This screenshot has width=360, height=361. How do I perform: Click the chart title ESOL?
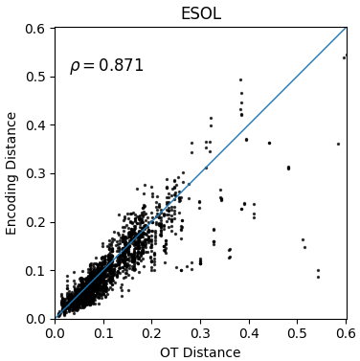201,13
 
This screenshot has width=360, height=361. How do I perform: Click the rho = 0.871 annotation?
107,66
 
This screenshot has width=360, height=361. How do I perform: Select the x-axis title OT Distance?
200,352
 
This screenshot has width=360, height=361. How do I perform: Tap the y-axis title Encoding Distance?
11,173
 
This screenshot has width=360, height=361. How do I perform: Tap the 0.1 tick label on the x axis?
103,333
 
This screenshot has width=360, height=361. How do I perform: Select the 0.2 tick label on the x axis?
152,333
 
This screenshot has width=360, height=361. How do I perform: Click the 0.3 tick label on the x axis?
200,333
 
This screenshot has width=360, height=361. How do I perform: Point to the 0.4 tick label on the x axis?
249,333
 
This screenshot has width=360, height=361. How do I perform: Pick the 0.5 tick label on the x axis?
298,333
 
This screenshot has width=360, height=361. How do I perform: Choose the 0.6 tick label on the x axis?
346,333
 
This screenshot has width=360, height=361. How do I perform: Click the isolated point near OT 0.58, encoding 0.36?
338,145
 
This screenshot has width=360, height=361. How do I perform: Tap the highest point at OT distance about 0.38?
240,79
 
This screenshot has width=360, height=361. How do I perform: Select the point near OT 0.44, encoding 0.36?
269,144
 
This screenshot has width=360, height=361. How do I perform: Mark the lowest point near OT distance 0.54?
318,277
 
